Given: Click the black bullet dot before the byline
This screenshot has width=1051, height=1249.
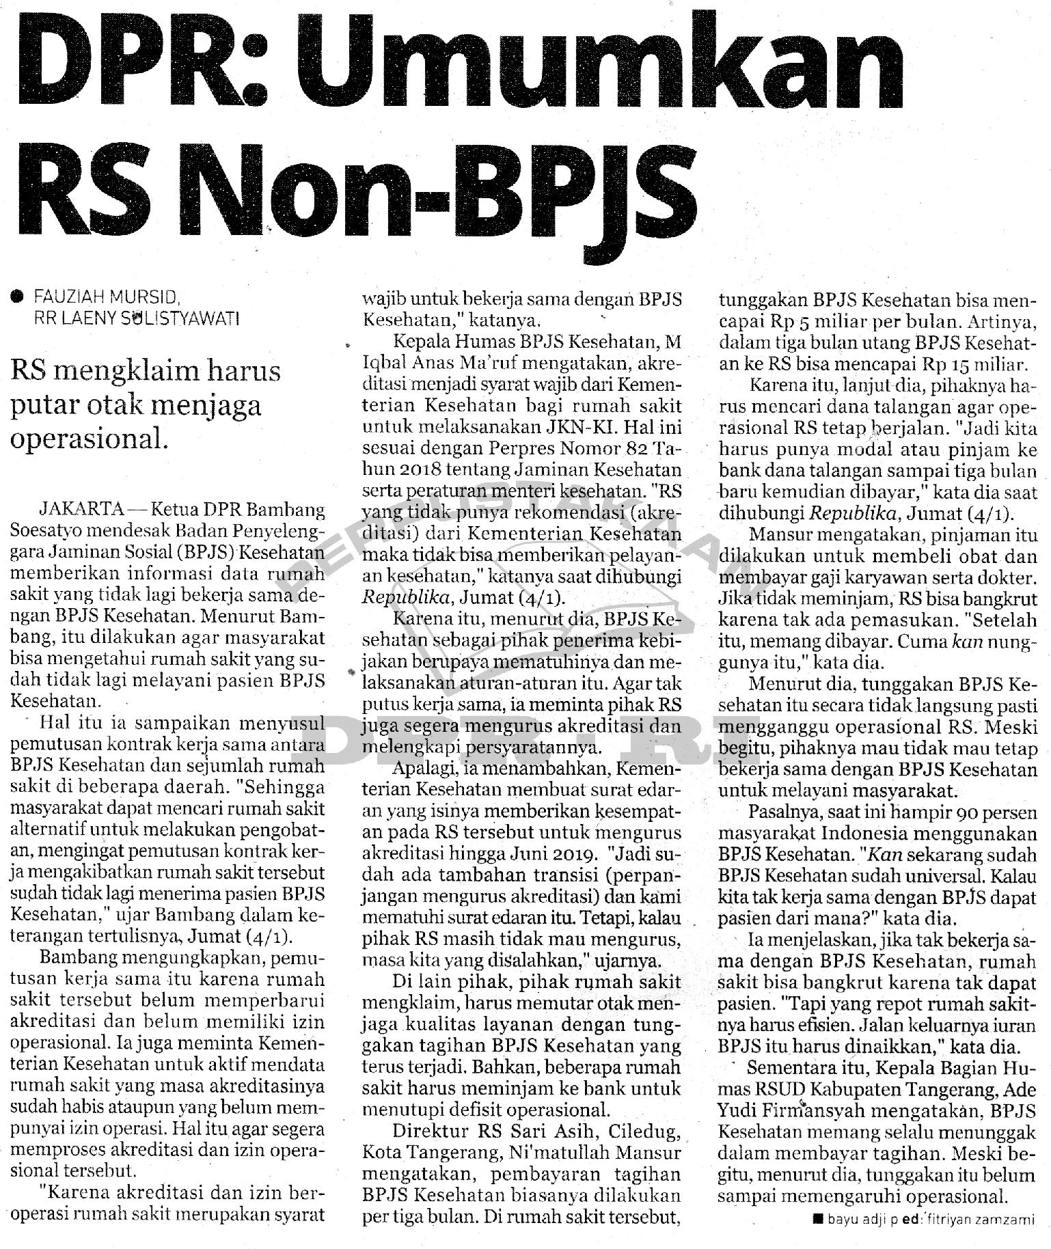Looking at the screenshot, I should point(16,297).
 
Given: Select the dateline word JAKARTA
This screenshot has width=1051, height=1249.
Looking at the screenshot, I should point(82,510).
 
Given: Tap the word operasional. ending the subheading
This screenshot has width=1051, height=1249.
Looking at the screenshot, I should point(89,438).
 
